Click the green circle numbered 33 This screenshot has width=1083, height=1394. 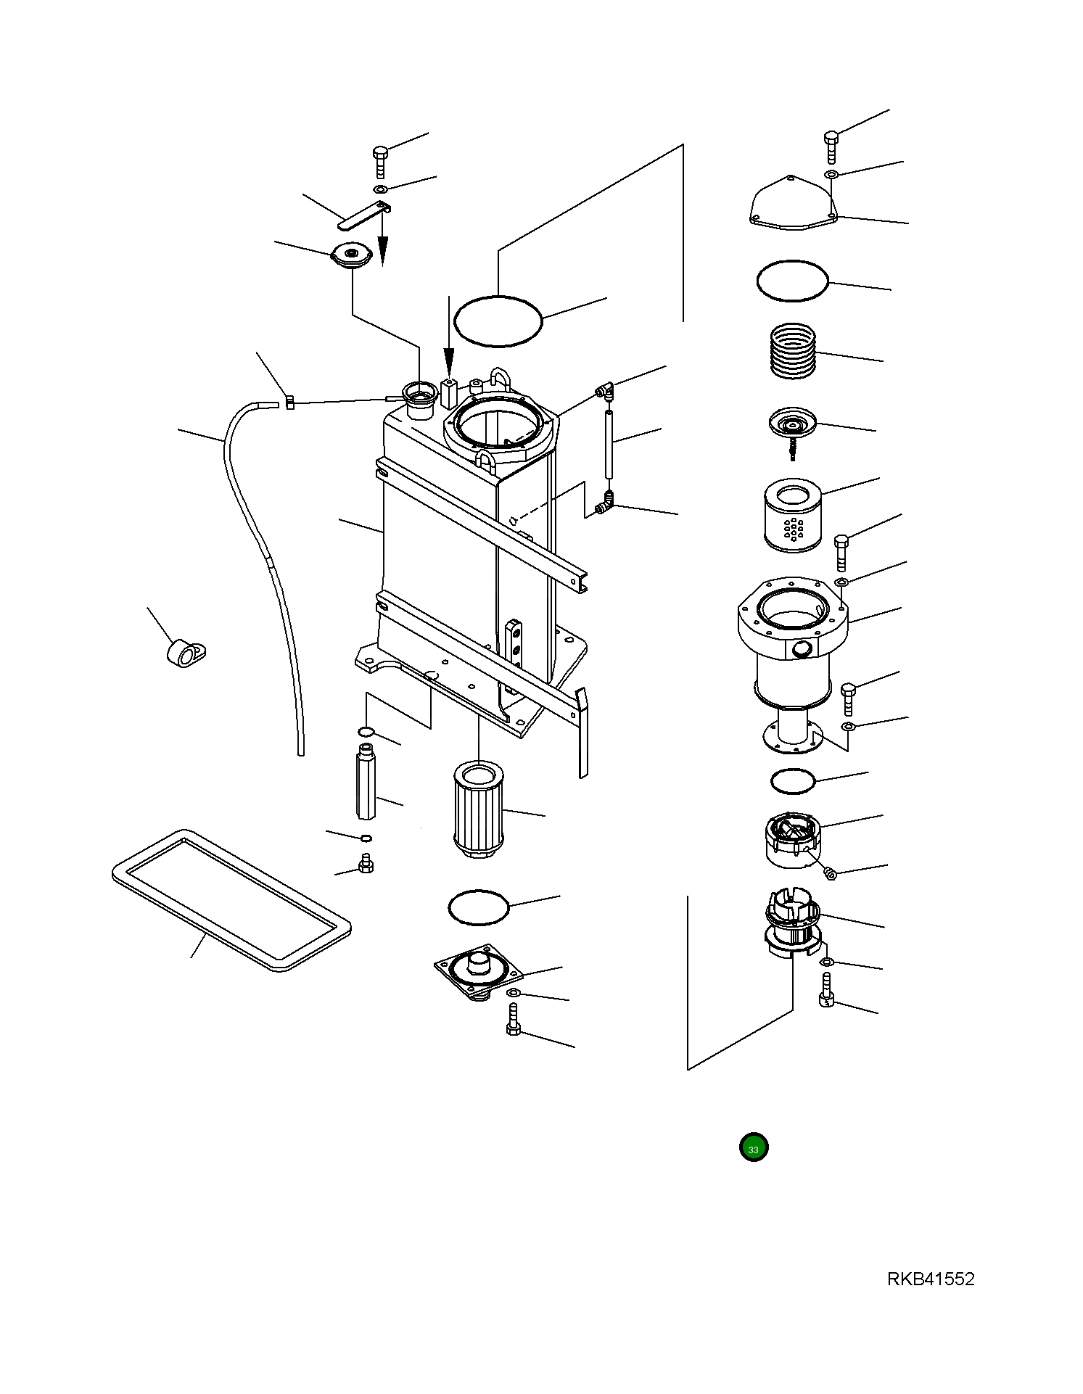click(753, 1148)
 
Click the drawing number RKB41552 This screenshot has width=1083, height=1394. click(930, 1279)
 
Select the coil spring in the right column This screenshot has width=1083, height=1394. click(792, 351)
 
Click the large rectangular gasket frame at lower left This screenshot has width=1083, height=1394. click(231, 899)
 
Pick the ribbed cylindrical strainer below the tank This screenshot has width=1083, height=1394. click(478, 809)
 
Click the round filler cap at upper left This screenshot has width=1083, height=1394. click(352, 255)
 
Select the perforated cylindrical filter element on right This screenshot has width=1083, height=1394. click(793, 515)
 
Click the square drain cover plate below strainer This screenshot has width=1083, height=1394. click(479, 970)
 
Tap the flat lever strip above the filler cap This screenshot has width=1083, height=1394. click(366, 215)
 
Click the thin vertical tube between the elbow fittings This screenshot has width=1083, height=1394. click(609, 444)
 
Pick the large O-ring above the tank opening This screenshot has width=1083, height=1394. click(498, 321)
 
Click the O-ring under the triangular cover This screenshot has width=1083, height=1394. click(792, 281)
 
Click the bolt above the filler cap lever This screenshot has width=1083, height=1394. click(380, 161)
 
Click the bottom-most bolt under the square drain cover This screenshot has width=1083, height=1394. click(514, 1020)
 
